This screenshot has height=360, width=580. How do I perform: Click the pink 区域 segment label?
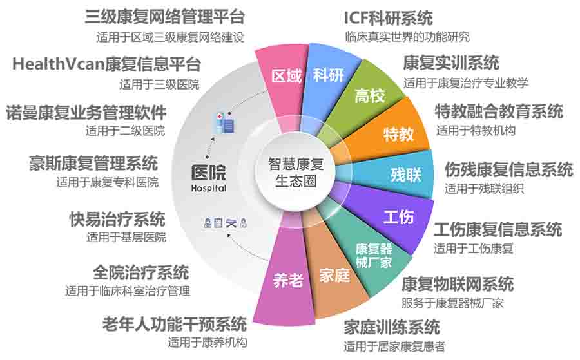[x=286, y=76]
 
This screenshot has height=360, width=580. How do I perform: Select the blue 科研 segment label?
[x=329, y=75]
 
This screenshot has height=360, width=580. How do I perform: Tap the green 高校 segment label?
[x=369, y=96]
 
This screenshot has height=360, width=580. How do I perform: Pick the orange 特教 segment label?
[x=398, y=134]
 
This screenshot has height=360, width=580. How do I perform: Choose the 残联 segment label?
[x=406, y=175]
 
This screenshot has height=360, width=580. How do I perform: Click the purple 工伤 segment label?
[x=398, y=217]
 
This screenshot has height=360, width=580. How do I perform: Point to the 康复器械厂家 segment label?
[x=374, y=256]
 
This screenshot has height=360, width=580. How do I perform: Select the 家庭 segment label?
[x=334, y=276]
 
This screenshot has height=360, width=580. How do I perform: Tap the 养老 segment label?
[x=288, y=281]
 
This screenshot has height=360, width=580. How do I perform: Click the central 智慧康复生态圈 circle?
[x=296, y=172]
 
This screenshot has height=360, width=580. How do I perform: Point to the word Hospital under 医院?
[x=209, y=189]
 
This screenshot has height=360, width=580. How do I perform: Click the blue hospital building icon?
[x=225, y=123]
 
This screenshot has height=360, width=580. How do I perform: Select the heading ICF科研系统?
[x=389, y=18]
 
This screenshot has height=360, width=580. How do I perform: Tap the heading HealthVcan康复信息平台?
[x=106, y=64]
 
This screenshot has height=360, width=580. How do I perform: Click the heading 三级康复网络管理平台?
[x=165, y=17]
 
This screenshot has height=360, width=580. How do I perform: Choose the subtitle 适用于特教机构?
[x=476, y=130]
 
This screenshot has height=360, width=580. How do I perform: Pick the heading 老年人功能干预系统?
[x=175, y=324]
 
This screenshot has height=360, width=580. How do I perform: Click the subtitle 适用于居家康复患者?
[x=394, y=346]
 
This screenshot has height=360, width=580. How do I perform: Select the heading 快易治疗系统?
[x=117, y=219]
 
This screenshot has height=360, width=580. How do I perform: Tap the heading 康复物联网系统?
[x=458, y=284]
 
